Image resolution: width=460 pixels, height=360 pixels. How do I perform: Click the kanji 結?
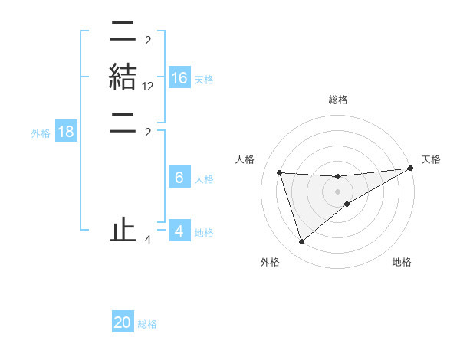[x=123, y=78]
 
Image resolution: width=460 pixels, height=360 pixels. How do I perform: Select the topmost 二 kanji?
[x=123, y=31]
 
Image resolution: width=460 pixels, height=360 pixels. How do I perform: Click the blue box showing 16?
[x=179, y=78]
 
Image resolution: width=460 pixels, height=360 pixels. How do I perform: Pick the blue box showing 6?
[x=179, y=178]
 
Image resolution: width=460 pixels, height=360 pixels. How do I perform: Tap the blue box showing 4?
[x=179, y=231]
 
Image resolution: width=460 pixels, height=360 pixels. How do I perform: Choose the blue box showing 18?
[x=66, y=132]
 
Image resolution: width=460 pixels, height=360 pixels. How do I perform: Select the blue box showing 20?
[x=123, y=322]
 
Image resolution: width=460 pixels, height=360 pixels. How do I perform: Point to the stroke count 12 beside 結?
[x=148, y=88]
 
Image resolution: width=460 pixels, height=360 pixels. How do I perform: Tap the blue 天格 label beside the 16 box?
[x=204, y=80]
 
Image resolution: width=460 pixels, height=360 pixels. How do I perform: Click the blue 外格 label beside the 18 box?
[x=41, y=133]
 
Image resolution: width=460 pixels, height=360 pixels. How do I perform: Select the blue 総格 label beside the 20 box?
[x=147, y=324]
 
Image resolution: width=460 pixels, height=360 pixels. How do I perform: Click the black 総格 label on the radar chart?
[x=338, y=100]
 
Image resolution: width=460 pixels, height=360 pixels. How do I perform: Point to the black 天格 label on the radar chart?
[x=431, y=159]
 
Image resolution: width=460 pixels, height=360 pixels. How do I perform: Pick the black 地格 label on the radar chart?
[x=402, y=262]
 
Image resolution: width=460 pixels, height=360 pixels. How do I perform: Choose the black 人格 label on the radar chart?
[x=245, y=159]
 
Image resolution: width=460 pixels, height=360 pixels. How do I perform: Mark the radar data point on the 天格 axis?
[x=411, y=169]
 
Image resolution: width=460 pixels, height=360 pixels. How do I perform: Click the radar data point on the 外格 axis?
[x=301, y=242]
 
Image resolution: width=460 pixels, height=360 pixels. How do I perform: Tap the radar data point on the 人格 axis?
[x=280, y=173]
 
